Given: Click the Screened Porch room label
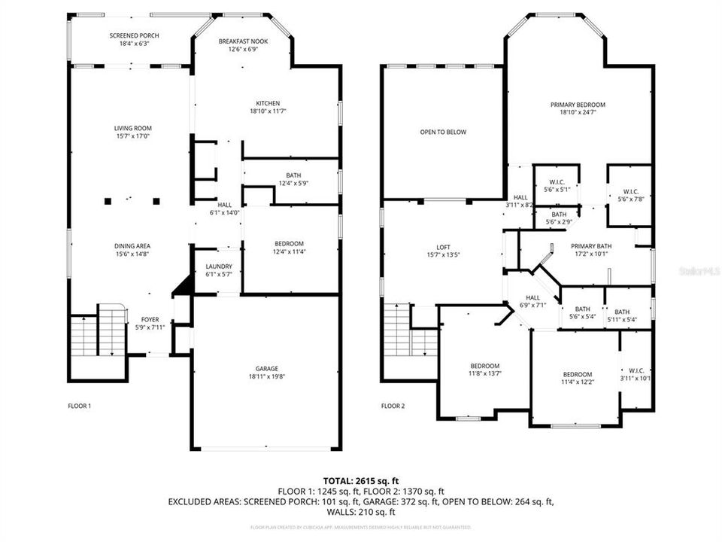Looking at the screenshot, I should [x=134, y=35].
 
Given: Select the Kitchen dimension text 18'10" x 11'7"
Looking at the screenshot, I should [x=268, y=111].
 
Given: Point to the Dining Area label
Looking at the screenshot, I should [x=132, y=246].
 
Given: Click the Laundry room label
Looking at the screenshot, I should [x=219, y=266].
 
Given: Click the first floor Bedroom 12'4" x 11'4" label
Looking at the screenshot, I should [x=289, y=243].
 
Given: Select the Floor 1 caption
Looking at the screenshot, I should [x=79, y=406].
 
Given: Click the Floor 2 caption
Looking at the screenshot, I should [x=393, y=406].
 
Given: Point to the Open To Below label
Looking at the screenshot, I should [x=443, y=132].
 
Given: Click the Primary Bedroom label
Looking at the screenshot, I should [x=578, y=105].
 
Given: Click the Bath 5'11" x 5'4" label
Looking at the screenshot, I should [x=621, y=312].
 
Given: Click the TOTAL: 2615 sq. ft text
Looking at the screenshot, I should [x=360, y=480].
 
